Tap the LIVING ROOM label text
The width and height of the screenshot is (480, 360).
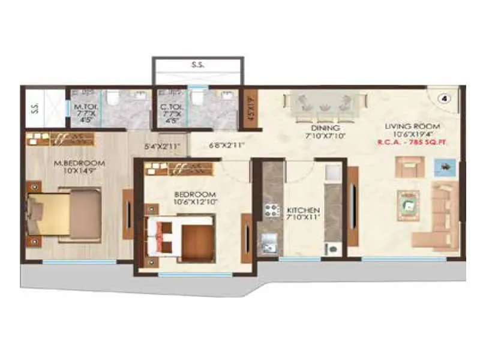[x=413, y=127]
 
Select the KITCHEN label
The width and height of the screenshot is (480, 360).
[x=303, y=211]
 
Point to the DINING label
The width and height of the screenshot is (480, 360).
[x=326, y=128]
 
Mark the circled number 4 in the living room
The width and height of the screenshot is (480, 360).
[x=445, y=97]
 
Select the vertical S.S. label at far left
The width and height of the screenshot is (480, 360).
[x=35, y=109]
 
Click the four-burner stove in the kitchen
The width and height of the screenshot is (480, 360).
[x=271, y=211]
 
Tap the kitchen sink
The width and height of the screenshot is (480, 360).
[x=268, y=245]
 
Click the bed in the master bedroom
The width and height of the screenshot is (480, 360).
[x=66, y=213]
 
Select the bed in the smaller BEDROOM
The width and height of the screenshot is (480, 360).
[x=183, y=237]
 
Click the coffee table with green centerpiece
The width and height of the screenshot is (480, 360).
[x=409, y=205]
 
